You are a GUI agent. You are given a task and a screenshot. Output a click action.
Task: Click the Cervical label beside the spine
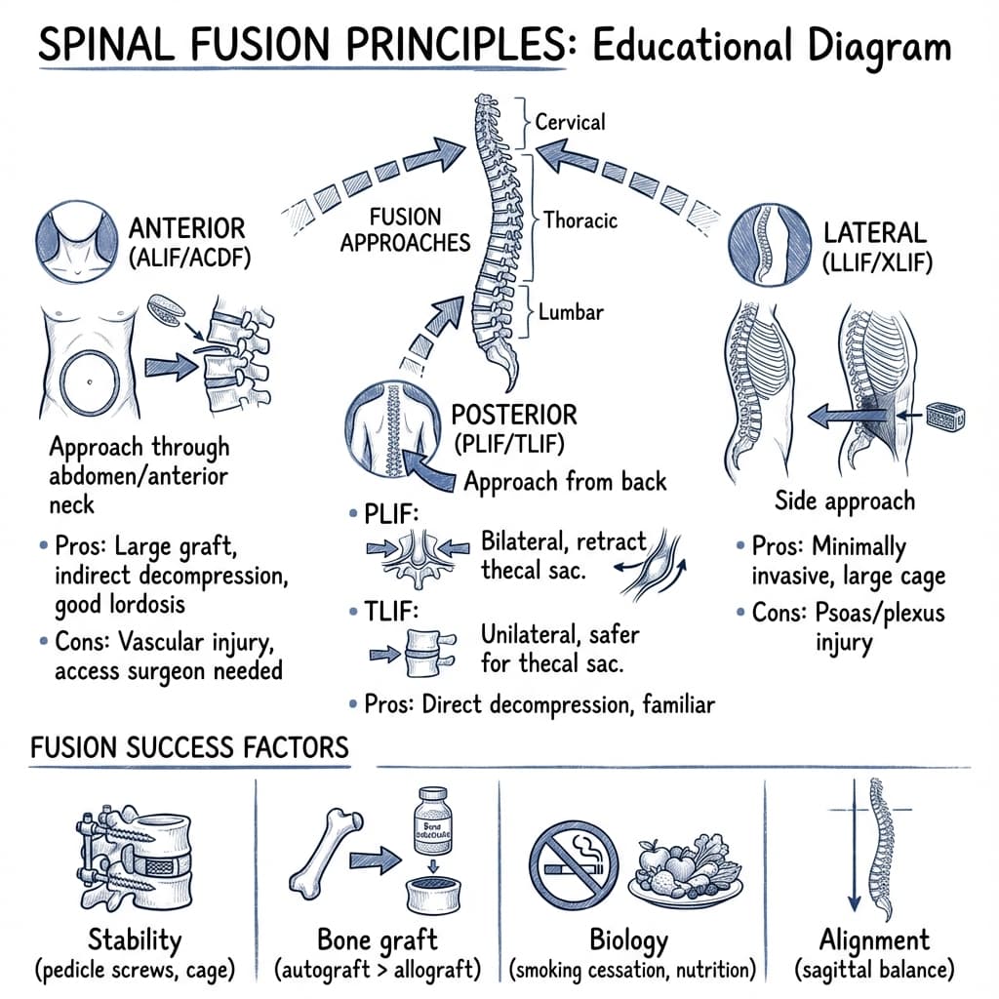point(570,123)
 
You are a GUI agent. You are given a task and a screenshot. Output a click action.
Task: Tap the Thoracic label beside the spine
point(579,220)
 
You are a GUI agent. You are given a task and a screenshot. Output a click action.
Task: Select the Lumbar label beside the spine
point(571,313)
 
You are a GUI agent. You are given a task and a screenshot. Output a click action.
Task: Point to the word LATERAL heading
point(873,233)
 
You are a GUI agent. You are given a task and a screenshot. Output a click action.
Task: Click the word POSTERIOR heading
point(513,414)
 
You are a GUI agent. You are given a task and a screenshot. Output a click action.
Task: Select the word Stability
point(134,940)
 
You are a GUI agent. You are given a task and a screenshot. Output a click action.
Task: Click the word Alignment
point(873,940)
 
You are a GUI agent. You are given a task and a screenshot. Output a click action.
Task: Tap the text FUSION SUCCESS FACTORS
point(189,748)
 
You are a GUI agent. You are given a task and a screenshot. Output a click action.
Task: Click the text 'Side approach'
point(845,501)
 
